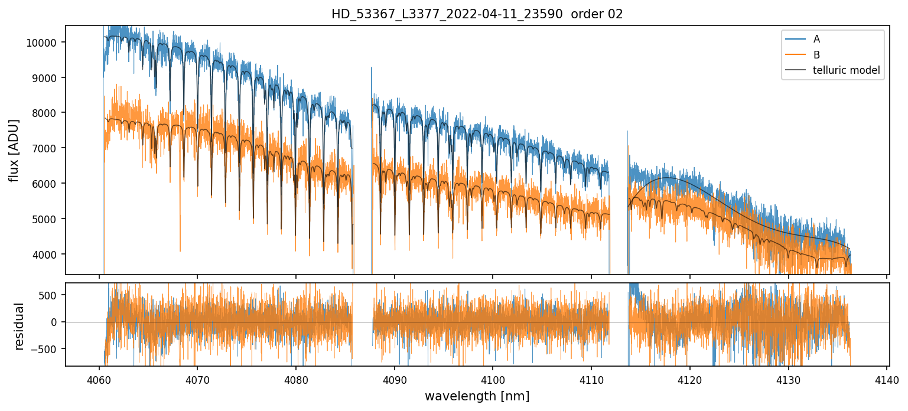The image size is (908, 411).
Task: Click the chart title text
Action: [477, 14]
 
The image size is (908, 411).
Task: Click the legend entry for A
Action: [816, 39]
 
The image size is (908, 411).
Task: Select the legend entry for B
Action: [816, 55]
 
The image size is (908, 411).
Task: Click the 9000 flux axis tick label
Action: [47, 78]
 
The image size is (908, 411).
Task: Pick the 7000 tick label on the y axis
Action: [47, 148]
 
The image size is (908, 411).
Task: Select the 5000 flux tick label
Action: [47, 219]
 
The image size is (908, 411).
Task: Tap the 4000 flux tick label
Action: [47, 255]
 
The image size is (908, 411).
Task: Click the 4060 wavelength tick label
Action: [99, 379]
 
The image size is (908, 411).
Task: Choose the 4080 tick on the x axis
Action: [295, 379]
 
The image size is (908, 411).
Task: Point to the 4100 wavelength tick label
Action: [493, 379]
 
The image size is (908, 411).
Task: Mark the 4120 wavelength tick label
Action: [689, 379]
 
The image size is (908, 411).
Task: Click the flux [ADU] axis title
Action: [14, 150]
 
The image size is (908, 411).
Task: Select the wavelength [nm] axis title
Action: [477, 396]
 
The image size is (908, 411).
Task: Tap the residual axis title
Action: [19, 326]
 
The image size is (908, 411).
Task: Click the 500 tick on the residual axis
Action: [51, 295]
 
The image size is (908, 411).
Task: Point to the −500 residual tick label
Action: [48, 349]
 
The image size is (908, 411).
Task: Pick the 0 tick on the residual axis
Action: [56, 322]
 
